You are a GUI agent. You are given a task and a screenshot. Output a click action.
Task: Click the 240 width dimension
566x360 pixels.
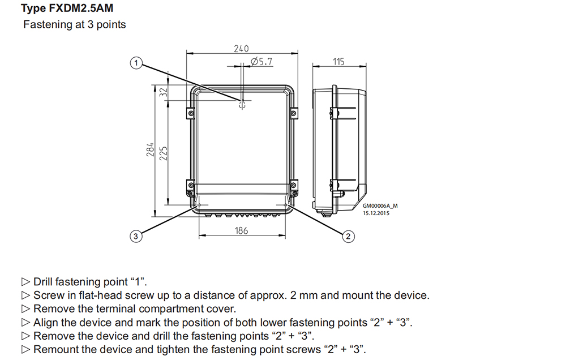pyautogui.click(x=241, y=49)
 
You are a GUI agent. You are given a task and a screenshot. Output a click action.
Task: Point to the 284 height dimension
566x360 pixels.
pyautogui.click(x=151, y=149)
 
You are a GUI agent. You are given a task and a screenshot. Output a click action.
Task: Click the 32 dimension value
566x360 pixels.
pyautogui.click(x=164, y=92)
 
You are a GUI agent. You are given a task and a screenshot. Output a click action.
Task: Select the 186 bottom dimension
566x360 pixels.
pyautogui.click(x=241, y=230)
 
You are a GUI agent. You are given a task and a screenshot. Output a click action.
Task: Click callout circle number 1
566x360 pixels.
pyautogui.click(x=135, y=63)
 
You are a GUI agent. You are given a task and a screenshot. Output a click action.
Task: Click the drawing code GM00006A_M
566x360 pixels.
pyautogui.click(x=380, y=206)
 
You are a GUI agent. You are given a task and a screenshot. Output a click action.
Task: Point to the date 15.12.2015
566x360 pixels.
pyautogui.click(x=376, y=213)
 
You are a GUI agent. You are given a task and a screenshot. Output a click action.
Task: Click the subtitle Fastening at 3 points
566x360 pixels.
pyautogui.click(x=75, y=25)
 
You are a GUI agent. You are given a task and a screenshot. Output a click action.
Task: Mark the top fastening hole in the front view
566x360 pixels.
pyautogui.click(x=242, y=104)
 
